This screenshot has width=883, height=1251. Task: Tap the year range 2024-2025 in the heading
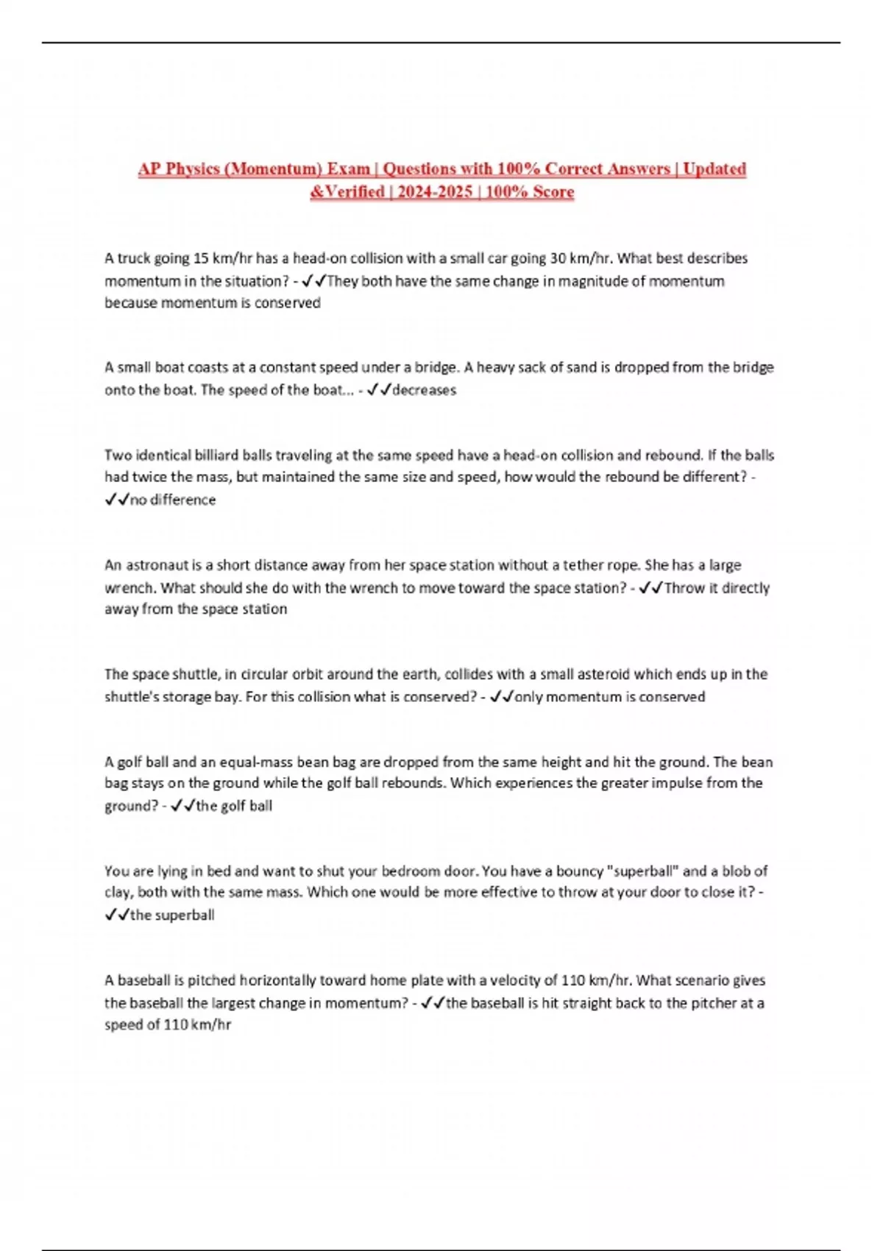pos(435,192)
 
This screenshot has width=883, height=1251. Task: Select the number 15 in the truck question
pos(201,258)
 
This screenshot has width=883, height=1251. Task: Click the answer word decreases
pos(424,390)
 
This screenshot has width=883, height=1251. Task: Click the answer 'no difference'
pos(173,500)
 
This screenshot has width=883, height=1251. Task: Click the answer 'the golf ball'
pos(234,806)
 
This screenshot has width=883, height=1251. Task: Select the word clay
pos(118,893)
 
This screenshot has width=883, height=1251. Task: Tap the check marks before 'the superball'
pos(116,915)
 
